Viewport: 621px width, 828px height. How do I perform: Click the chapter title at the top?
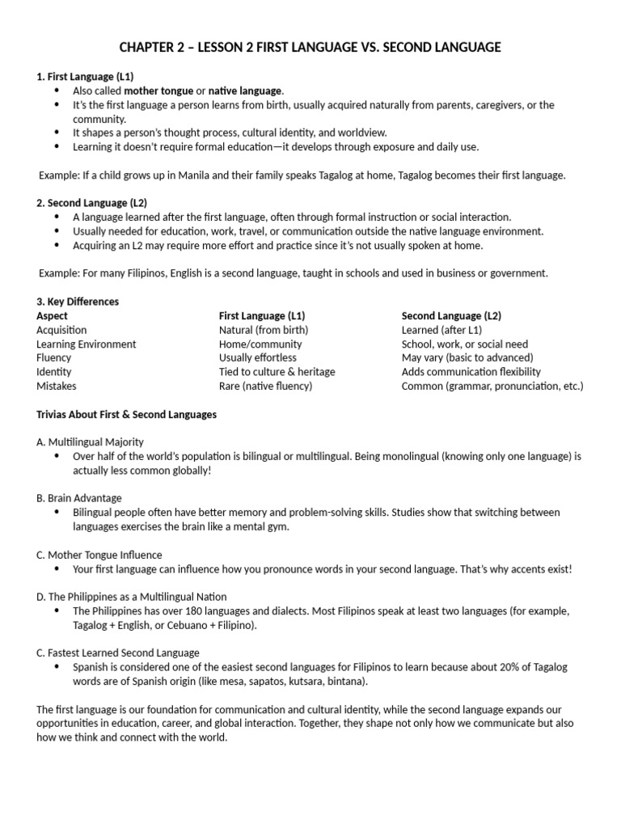tap(310, 48)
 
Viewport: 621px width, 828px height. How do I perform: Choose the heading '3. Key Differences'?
tap(78, 302)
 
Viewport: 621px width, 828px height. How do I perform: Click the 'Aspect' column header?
tap(53, 315)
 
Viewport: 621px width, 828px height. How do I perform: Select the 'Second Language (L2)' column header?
tap(451, 315)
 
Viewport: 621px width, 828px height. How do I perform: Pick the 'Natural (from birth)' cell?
tap(264, 330)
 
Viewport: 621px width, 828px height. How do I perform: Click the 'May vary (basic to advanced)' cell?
tap(467, 357)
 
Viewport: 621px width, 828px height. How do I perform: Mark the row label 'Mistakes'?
tap(57, 386)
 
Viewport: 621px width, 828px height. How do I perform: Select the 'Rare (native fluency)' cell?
tap(265, 386)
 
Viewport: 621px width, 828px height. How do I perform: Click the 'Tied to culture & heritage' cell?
tap(277, 372)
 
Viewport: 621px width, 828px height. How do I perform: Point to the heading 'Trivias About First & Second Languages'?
tap(126, 414)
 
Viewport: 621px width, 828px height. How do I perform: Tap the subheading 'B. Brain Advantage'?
tap(79, 498)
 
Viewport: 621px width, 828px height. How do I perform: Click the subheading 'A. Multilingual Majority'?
tap(91, 441)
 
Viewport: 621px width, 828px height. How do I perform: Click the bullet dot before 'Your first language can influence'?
tap(56, 568)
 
